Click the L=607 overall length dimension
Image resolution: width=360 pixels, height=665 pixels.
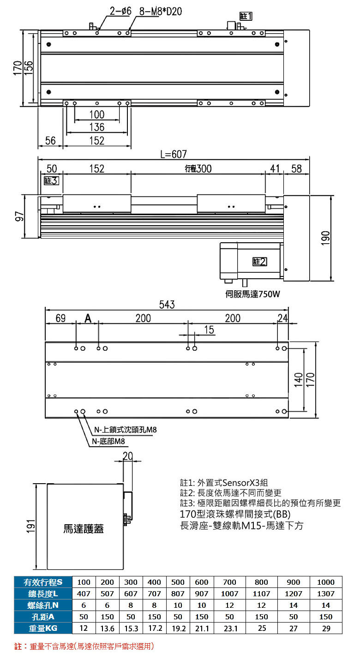(174, 154)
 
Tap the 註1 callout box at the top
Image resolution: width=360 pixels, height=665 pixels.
(246, 16)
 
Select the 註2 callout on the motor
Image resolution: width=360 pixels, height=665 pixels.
(259, 262)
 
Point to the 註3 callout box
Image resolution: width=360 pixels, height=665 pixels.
(51, 180)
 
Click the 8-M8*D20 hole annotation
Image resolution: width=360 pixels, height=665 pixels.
(161, 11)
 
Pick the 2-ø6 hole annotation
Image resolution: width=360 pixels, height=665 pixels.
(120, 11)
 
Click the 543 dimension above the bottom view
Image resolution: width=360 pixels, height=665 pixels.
(167, 304)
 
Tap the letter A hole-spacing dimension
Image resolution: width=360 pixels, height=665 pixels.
(88, 318)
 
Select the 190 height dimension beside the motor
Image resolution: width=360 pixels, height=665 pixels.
(325, 238)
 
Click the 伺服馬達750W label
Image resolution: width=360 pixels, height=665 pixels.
(252, 294)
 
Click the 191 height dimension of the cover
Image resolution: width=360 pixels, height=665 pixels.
(31, 527)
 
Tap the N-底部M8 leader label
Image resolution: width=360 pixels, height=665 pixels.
(108, 441)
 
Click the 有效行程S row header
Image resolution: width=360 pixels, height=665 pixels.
(43, 582)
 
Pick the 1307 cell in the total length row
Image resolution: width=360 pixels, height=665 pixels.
(326, 594)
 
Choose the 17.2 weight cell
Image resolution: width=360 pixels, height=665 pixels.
(155, 628)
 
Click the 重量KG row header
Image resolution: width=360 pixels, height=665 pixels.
(43, 628)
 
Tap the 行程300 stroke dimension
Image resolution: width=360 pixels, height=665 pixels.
(198, 168)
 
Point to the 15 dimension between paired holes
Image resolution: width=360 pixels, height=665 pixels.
(209, 330)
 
